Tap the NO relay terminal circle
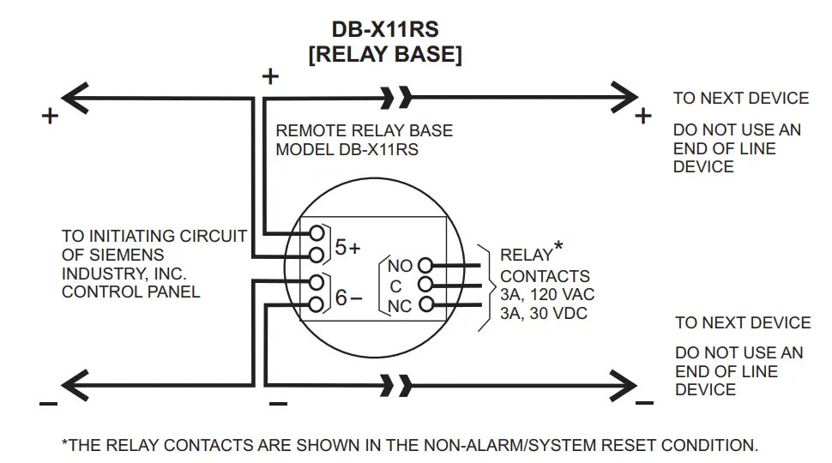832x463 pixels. (425, 266)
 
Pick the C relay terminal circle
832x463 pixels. (425, 286)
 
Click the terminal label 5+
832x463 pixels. (347, 248)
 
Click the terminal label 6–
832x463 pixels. (347, 298)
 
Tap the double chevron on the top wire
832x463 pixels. (397, 98)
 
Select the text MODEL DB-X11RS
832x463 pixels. (347, 149)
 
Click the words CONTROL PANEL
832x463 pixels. (130, 292)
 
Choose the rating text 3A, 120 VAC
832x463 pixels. (547, 295)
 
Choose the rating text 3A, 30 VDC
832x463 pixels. (544, 314)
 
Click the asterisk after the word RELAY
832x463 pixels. (559, 248)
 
